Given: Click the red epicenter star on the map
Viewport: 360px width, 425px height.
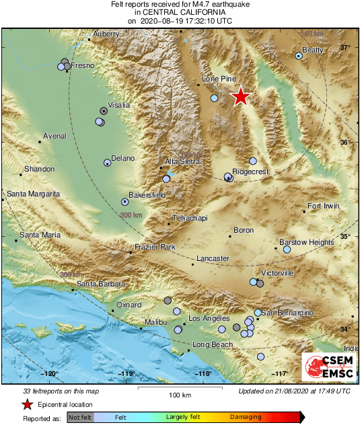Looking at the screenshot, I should (x=240, y=97).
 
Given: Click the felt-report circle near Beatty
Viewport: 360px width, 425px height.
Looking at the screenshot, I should (x=299, y=56).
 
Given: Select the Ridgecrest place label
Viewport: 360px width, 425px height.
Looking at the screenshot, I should (x=250, y=172).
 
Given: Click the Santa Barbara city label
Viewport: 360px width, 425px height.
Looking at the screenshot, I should (x=100, y=284).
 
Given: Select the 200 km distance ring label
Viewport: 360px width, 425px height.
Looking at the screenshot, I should (x=131, y=215).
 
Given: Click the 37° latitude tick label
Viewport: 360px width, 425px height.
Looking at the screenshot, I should (x=345, y=48).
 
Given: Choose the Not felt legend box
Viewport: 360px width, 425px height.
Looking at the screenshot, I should (x=80, y=417).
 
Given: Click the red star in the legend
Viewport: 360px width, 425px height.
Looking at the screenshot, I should (x=28, y=404).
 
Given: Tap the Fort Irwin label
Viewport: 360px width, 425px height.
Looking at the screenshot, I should (x=323, y=206).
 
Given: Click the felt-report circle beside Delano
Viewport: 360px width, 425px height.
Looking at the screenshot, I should (x=106, y=163).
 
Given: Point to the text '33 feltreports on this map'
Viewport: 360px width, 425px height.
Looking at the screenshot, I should (x=61, y=391).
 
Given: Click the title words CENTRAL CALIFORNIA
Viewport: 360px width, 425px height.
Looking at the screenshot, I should (x=180, y=12).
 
